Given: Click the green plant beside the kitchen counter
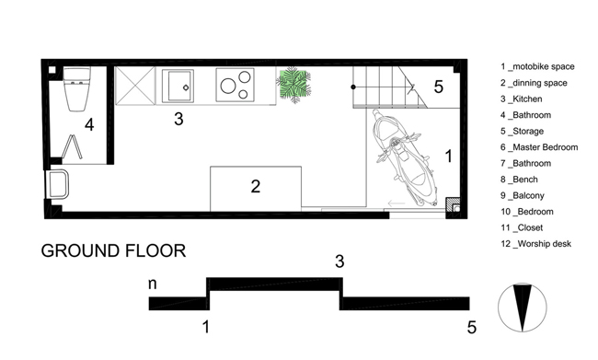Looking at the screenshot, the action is pyautogui.click(x=293, y=84).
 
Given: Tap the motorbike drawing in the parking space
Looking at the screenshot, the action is pyautogui.click(x=405, y=157).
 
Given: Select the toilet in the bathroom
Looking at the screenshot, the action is pyautogui.click(x=77, y=89).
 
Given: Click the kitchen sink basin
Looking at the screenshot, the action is pyautogui.click(x=178, y=86).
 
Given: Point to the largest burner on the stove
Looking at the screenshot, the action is pyautogui.click(x=228, y=86).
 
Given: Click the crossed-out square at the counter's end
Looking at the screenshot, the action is pyautogui.click(x=135, y=86).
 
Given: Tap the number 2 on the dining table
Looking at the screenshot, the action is pyautogui.click(x=256, y=186).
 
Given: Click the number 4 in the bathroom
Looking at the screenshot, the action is pyautogui.click(x=89, y=124).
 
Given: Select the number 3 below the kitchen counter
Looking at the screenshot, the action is pyautogui.click(x=178, y=119).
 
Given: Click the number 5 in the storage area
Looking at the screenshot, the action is pyautogui.click(x=439, y=87).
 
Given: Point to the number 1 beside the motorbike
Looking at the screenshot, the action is pyautogui.click(x=449, y=157).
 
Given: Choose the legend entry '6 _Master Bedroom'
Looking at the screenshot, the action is pyautogui.click(x=539, y=147).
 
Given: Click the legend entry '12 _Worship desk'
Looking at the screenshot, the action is pyautogui.click(x=535, y=244).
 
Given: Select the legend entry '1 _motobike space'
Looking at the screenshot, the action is pyautogui.click(x=537, y=66).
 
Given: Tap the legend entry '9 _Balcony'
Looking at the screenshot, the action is pyautogui.click(x=523, y=195).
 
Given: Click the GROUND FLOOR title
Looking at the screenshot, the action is pyautogui.click(x=113, y=250).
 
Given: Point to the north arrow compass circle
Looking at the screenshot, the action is pyautogui.click(x=523, y=308).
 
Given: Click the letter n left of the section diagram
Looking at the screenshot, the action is pyautogui.click(x=152, y=284).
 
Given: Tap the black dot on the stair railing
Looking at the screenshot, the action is pyautogui.click(x=353, y=87).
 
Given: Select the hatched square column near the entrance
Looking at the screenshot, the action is pyautogui.click(x=453, y=204).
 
